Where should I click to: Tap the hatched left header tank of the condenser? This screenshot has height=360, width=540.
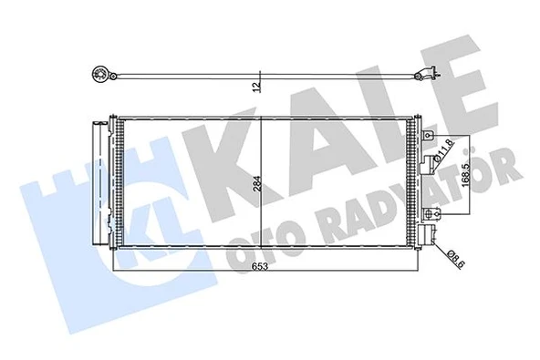point(117,182)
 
